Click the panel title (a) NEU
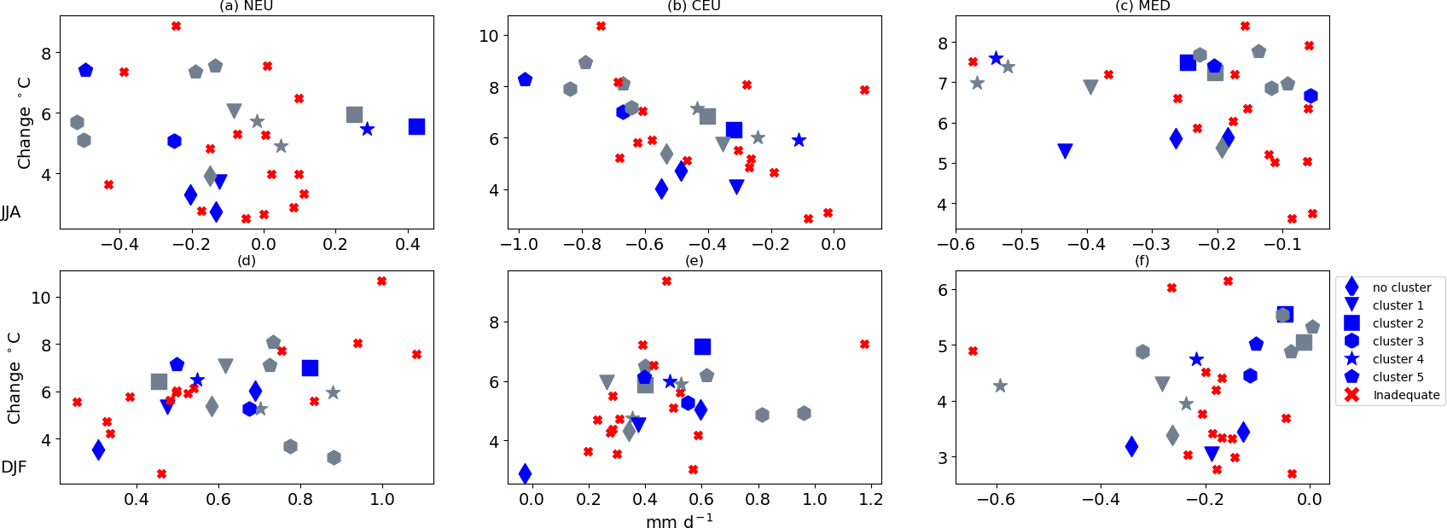click(246, 6)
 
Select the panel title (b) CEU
click(694, 6)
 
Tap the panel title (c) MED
click(1142, 6)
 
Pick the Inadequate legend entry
click(1405, 395)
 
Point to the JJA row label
click(11, 212)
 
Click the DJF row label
click(14, 467)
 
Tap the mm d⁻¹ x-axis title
click(679, 520)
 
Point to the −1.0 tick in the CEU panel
click(519, 244)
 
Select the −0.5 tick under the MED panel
click(1020, 244)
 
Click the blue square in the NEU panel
click(416, 126)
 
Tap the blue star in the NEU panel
click(367, 129)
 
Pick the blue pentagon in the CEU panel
click(525, 79)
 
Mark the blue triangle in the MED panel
click(1065, 151)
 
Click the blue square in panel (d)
click(310, 368)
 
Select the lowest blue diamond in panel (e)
click(525, 473)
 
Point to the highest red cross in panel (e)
click(666, 281)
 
